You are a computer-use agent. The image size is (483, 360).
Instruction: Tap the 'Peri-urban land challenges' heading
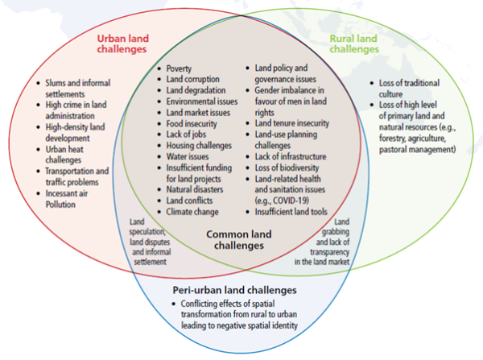tap(235, 289)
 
